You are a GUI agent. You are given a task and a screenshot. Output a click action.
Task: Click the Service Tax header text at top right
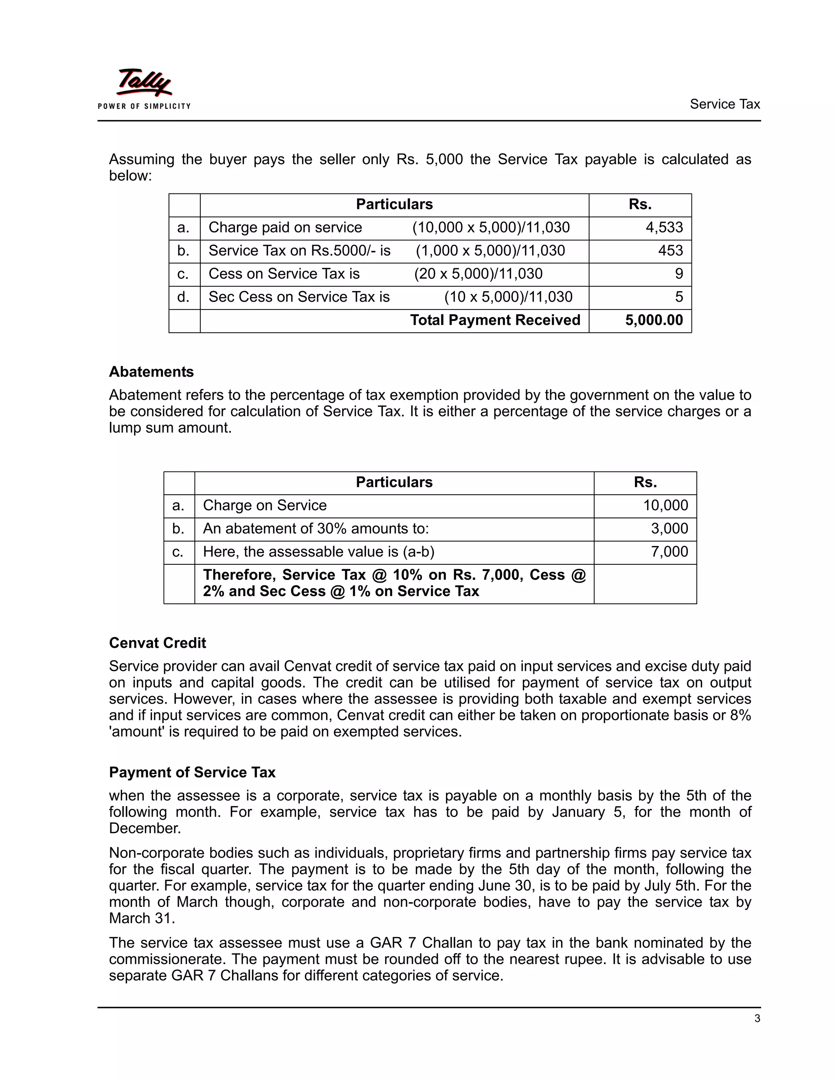click(724, 104)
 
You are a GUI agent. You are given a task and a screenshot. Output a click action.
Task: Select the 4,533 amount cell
click(664, 227)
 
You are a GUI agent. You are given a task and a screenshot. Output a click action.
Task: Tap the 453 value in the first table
click(670, 250)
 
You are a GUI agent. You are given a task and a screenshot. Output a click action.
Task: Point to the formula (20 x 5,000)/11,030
click(478, 274)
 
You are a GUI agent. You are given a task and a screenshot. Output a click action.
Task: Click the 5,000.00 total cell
click(654, 320)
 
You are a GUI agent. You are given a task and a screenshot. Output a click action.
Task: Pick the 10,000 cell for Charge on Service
click(665, 505)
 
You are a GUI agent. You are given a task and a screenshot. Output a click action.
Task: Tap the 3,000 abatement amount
click(669, 529)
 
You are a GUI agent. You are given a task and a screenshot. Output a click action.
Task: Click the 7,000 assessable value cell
click(669, 552)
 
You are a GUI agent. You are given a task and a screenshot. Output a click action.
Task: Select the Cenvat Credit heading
click(157, 643)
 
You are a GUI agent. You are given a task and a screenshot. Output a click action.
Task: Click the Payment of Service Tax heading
click(192, 772)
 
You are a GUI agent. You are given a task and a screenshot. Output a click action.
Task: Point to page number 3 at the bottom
click(757, 1018)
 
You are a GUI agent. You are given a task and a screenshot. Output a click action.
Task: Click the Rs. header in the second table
click(645, 482)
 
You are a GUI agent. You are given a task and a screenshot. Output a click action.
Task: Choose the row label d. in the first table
click(183, 297)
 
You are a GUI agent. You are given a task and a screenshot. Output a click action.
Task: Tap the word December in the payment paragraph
click(145, 829)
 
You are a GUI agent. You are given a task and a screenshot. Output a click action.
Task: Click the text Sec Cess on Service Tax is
click(299, 297)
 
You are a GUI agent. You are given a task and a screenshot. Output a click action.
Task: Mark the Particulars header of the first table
click(394, 204)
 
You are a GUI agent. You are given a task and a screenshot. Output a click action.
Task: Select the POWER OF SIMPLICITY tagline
click(144, 106)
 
